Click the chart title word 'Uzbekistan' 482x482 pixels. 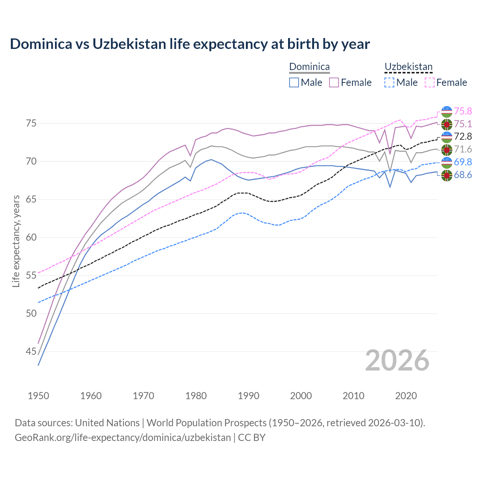[129, 44]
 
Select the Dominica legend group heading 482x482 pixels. [309, 67]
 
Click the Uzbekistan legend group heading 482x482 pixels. [408, 67]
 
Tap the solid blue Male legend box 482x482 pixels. [294, 82]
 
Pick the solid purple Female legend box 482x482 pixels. [334, 82]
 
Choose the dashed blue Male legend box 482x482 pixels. [389, 82]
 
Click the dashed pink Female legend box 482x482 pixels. [430, 82]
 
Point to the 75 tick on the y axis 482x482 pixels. [31, 124]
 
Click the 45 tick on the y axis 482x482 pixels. [31, 352]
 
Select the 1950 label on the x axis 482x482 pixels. [38, 396]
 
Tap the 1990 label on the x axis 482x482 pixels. [249, 396]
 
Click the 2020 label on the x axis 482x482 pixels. [406, 396]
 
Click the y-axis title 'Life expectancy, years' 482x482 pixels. [16, 241]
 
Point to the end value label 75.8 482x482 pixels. [463, 111]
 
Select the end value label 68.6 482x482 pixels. [463, 175]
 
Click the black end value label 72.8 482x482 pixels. [463, 136]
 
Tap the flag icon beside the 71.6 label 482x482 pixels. [447, 149]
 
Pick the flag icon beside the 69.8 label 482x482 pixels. [447, 162]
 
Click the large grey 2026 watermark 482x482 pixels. [397, 361]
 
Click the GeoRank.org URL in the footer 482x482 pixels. [123, 438]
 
